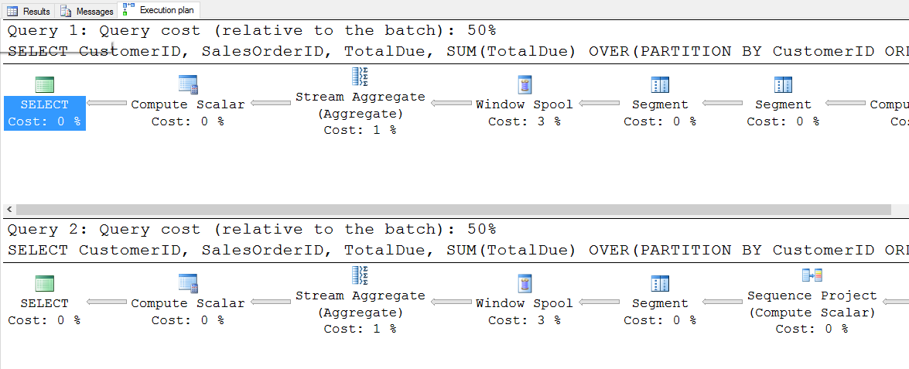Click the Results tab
29,11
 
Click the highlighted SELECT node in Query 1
45,113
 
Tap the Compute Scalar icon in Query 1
188,84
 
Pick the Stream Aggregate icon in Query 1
360,77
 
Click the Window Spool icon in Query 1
524,84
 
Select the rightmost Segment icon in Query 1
783,84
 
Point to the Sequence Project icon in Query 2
812,275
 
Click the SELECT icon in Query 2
45,283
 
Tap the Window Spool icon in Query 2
524,283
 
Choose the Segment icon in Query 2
660,283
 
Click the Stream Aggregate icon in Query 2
360,275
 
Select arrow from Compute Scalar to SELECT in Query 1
107,103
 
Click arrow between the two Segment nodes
723,103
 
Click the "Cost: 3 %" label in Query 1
524,121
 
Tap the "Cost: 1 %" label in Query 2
360,329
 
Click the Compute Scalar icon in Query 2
188,283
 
